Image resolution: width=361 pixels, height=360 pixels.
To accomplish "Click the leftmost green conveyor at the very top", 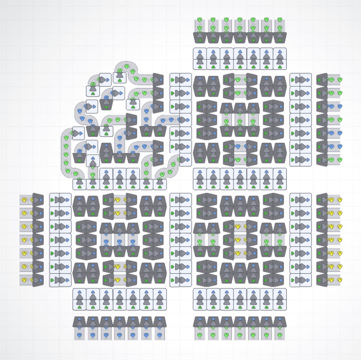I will click(x=200, y=24).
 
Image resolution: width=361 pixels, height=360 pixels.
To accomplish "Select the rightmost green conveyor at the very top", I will click(x=280, y=24).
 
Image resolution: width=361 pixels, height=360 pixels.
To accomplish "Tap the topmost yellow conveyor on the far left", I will click(x=26, y=200).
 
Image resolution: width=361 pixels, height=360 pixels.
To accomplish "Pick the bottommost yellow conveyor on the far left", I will click(x=26, y=280).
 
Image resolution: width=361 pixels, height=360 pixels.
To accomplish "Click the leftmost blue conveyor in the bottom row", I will click(x=80, y=334).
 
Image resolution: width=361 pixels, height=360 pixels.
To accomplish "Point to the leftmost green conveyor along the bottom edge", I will click(x=200, y=334).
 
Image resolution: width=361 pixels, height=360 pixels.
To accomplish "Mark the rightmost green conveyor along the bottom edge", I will click(x=280, y=334).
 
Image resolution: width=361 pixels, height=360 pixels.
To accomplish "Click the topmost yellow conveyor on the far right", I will click(x=335, y=200).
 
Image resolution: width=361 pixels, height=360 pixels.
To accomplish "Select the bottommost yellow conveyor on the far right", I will click(x=335, y=280).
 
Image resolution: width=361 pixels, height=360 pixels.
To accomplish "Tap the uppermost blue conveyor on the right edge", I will click(x=335, y=107).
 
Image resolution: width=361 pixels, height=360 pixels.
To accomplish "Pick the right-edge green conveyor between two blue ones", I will click(x=335, y=120).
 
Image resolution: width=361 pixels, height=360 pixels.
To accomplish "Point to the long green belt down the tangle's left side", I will click(x=66, y=153).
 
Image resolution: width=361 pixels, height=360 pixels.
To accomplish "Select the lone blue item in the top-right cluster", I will click(x=240, y=146).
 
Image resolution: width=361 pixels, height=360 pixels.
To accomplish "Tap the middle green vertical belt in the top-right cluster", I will click(x=240, y=120).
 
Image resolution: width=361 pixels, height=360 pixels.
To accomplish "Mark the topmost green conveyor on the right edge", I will click(x=335, y=80).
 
